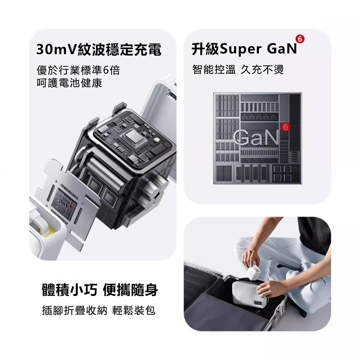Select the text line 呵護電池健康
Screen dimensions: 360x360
click(69, 84)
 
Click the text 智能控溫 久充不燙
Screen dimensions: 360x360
click(238, 69)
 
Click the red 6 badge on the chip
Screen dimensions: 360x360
click(286, 127)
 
